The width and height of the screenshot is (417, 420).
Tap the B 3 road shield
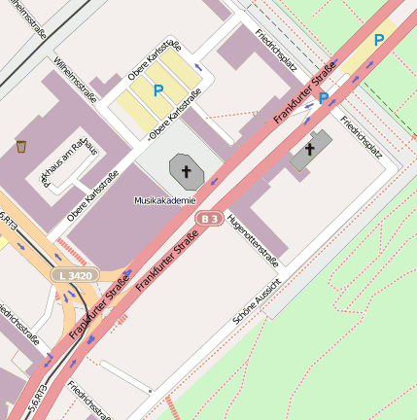click(x=208, y=219)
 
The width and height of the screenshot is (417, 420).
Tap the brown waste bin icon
click(x=21, y=147)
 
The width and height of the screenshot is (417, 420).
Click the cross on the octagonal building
click(x=187, y=170)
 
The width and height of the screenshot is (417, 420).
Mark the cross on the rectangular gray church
click(x=310, y=150)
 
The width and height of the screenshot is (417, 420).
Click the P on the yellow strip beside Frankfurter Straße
click(x=379, y=40)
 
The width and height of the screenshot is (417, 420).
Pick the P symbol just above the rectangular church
click(x=323, y=98)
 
